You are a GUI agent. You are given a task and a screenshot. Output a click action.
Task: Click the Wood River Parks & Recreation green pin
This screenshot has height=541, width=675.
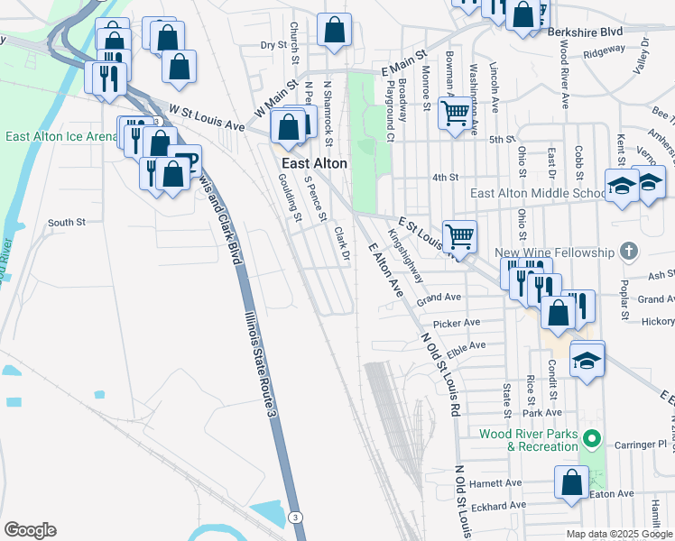click(592, 440)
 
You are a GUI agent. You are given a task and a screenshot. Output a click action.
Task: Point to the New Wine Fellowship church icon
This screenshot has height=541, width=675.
click(630, 252)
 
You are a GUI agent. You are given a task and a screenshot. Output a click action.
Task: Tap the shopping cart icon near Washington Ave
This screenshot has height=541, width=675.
click(456, 114)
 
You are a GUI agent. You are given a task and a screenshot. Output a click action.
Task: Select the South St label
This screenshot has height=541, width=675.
click(66, 222)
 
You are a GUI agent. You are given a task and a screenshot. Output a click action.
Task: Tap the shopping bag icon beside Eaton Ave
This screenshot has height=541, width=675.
click(571, 482)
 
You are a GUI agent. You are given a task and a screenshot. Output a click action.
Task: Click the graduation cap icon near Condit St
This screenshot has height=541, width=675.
click(587, 361)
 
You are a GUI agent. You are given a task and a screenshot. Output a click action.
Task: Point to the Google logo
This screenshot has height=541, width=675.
click(30, 530)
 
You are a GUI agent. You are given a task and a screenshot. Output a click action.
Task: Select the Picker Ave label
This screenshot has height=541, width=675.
click(457, 322)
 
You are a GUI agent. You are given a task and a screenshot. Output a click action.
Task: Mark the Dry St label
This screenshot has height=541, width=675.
click(273, 44)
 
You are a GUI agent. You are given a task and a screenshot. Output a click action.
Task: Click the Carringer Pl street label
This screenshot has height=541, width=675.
click(649, 445)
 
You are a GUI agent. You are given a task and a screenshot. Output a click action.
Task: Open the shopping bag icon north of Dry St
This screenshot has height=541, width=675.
click(335, 30)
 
